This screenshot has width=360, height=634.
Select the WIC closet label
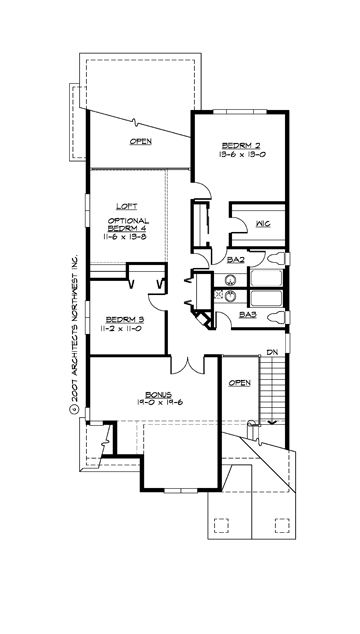[265, 222]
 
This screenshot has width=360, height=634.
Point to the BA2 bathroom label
[236, 259]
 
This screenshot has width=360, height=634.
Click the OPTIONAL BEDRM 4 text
[128, 225]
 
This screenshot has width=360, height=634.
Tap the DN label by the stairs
[271, 352]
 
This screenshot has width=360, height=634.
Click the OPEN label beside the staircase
[239, 383]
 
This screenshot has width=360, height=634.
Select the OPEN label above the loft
[140, 142]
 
